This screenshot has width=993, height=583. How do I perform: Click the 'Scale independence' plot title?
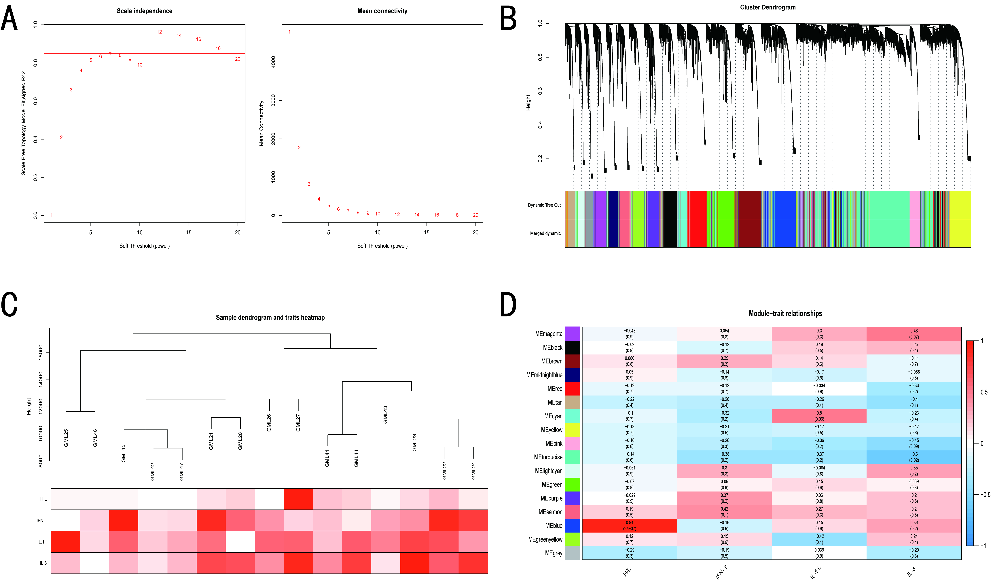click(144, 11)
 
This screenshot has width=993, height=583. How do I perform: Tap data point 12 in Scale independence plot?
click(159, 32)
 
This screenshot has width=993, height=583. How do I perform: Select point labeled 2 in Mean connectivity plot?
click(299, 148)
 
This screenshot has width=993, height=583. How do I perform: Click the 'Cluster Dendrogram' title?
click(767, 7)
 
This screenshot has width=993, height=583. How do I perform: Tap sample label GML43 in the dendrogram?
click(385, 415)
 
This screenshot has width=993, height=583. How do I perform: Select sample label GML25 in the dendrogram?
click(66, 438)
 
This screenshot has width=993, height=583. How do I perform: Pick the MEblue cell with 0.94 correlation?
click(629, 525)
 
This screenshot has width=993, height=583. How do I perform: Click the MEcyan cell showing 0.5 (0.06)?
click(819, 416)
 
